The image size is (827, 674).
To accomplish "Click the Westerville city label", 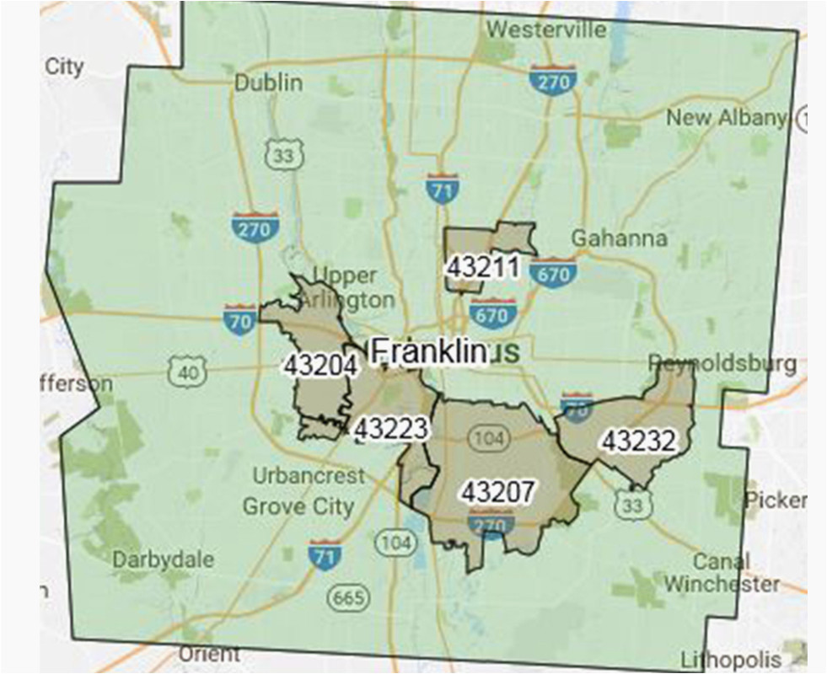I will (546, 29).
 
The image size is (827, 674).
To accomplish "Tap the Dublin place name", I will (268, 83).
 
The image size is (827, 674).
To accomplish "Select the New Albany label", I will (726, 118).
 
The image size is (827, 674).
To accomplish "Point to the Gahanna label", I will (619, 238).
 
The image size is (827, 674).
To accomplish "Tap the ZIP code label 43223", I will (391, 429).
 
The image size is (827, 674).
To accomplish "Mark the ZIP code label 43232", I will (637, 440).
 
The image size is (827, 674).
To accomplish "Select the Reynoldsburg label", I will (722, 364).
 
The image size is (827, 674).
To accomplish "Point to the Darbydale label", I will (164, 559).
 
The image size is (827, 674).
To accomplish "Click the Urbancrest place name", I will (309, 476).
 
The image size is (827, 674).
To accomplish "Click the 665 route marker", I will (349, 598).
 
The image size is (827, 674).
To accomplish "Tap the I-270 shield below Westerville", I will (552, 80).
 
